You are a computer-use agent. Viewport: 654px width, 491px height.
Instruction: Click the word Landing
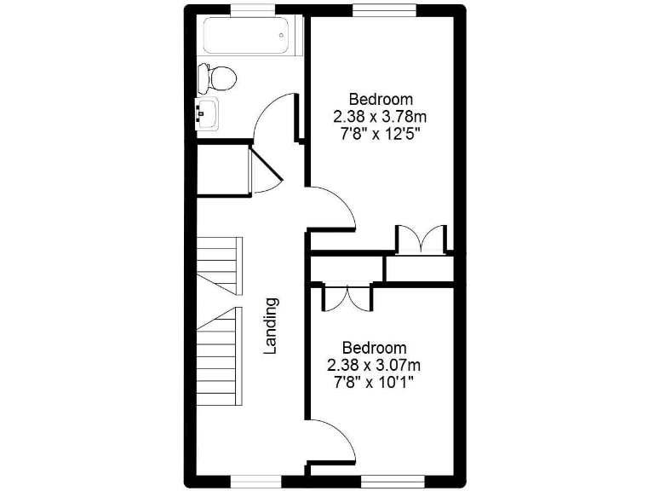tap(271, 325)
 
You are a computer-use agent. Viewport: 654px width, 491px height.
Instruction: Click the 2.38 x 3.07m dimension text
tap(374, 365)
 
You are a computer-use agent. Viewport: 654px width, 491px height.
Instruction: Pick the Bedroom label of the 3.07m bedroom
tap(374, 348)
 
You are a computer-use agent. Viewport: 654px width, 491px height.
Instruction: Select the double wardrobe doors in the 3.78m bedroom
tap(421, 238)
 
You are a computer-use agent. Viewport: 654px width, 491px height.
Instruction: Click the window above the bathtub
tap(253, 9)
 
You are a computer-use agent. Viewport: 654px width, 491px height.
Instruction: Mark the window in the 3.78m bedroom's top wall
tap(384, 9)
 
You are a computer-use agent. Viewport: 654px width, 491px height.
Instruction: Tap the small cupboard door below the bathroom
tap(264, 170)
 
